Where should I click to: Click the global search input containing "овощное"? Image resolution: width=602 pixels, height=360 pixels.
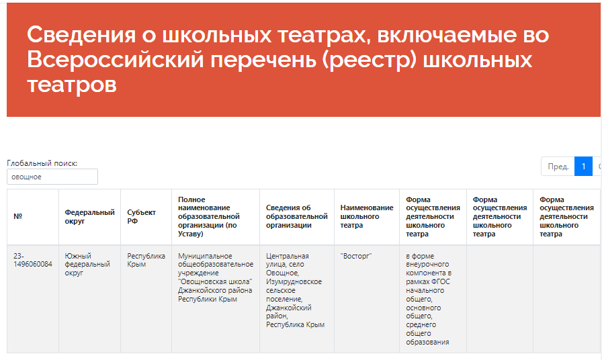52,177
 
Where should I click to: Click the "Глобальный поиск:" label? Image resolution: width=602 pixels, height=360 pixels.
42,163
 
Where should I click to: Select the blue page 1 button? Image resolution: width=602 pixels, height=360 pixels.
583,167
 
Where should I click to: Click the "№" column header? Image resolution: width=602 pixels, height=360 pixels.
18,216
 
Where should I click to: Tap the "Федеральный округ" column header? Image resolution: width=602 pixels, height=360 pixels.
89,216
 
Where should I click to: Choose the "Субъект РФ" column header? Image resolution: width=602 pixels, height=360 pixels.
141,216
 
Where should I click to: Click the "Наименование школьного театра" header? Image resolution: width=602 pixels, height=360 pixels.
367,216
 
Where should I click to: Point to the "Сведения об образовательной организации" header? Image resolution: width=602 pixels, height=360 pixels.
297,216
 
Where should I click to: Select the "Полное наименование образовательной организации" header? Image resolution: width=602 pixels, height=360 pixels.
209,216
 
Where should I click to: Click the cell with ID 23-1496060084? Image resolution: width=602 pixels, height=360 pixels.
33,260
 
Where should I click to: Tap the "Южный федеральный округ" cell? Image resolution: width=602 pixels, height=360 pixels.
87,264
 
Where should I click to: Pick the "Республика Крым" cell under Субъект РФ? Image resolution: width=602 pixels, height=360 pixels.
146,260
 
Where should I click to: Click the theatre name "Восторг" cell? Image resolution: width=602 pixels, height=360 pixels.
356,256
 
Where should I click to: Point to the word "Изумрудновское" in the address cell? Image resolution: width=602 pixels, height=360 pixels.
294,281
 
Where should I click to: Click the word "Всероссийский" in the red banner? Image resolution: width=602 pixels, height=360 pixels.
115,60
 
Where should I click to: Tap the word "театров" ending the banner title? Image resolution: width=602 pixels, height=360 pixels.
72,85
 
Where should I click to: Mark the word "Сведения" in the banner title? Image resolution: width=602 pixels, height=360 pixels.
81,34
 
